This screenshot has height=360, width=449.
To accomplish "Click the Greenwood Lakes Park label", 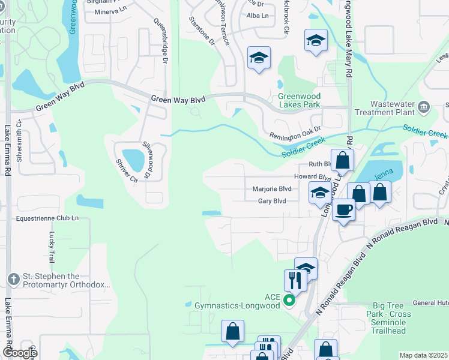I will (299, 100).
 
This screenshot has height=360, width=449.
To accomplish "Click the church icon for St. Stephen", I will (14, 279).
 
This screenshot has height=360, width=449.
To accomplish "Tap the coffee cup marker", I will (343, 210).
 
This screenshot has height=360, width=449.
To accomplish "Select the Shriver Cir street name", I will (127, 170).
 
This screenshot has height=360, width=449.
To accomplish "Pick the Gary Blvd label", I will (271, 201).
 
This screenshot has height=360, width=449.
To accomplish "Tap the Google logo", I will (20, 353).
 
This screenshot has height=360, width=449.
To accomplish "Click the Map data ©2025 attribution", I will (423, 355).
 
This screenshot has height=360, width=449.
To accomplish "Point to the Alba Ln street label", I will (258, 15).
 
